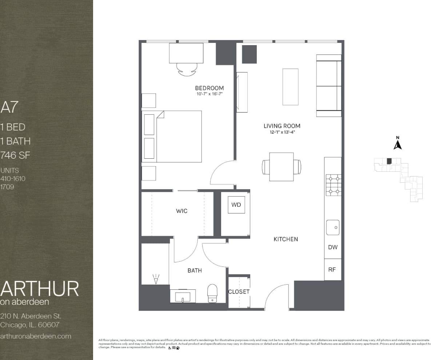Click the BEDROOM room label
(209, 88)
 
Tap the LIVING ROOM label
(282, 126)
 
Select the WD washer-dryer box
(236, 205)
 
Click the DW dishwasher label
(332, 247)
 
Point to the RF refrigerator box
(332, 270)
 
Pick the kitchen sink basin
(332, 228)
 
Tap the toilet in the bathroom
(212, 293)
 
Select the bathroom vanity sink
(183, 296)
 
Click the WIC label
(181, 211)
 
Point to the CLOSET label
(239, 292)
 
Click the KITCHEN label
(286, 239)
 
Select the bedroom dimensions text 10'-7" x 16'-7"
(209, 94)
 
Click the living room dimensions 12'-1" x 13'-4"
(282, 132)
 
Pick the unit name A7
(9, 107)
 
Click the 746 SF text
(15, 155)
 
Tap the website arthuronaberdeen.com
(36, 336)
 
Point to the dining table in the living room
(281, 167)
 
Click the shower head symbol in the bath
(156, 279)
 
